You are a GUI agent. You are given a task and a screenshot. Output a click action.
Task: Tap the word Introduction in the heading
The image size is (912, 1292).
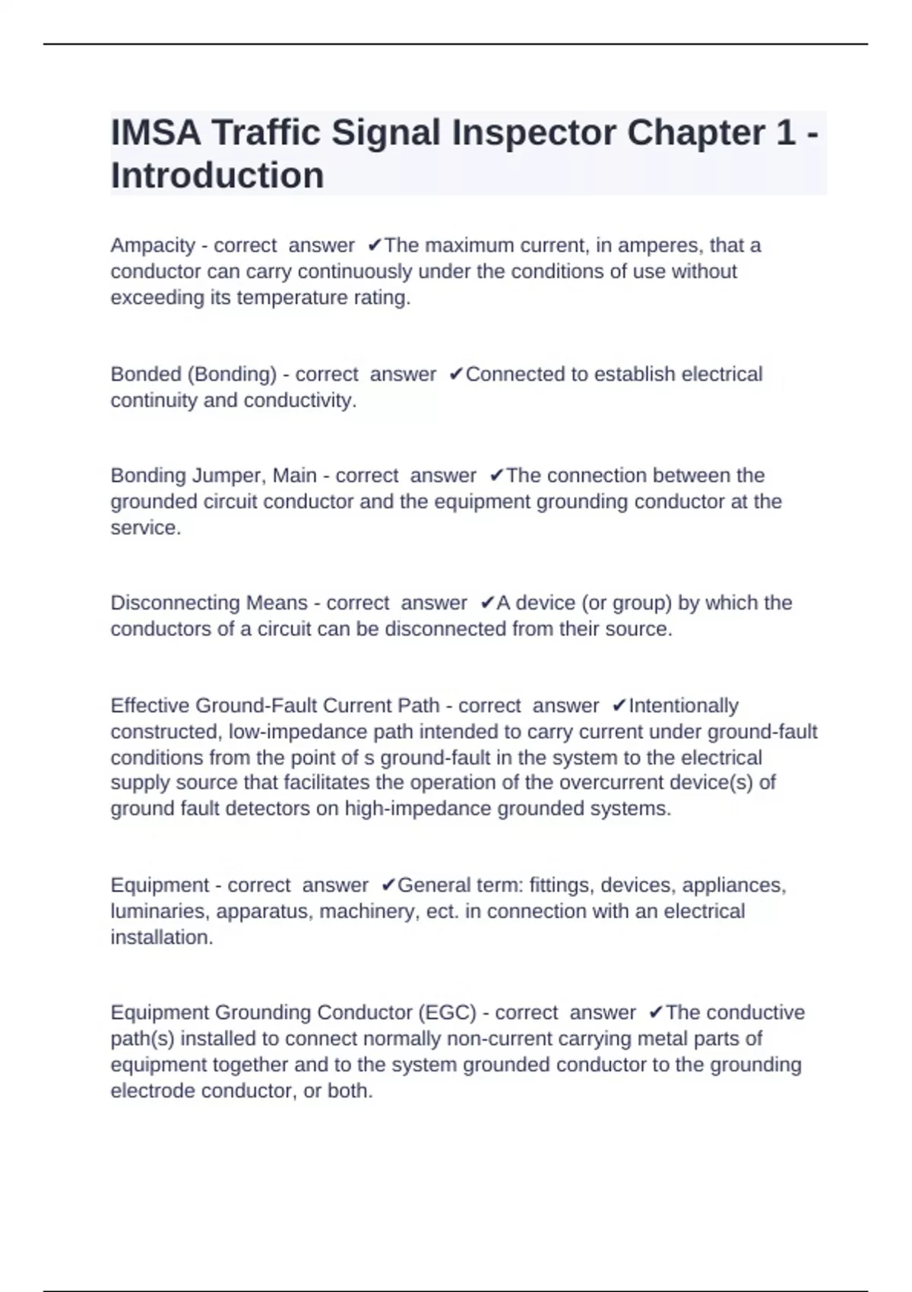pyautogui.click(x=217, y=176)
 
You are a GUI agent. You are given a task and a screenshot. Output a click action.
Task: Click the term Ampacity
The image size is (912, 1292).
pyautogui.click(x=153, y=245)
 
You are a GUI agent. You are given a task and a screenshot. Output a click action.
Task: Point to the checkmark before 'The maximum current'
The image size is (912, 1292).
pyautogui.click(x=374, y=245)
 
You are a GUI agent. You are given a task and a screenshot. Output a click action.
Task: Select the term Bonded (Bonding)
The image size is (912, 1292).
pyautogui.click(x=194, y=374)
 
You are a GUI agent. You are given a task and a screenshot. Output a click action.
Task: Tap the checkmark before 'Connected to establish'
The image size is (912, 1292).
pyautogui.click(x=456, y=374)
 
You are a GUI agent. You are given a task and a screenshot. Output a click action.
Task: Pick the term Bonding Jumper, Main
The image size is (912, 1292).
pyautogui.click(x=214, y=476)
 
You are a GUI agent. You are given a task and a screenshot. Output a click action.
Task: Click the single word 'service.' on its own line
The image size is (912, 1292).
pyautogui.click(x=146, y=527)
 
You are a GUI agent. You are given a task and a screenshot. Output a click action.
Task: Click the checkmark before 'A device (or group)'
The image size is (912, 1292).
pyautogui.click(x=487, y=603)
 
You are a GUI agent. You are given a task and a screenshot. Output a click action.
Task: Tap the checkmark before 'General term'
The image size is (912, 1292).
pyautogui.click(x=388, y=885)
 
